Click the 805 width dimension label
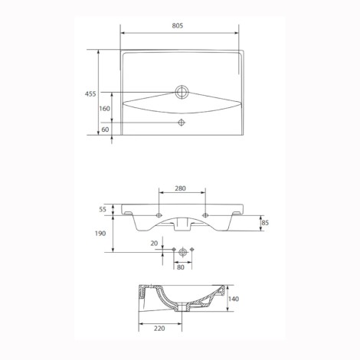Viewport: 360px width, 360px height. point(178,25)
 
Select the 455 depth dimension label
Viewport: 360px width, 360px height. point(90,94)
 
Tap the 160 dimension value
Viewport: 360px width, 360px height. point(104,109)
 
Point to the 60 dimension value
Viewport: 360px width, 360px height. point(105,129)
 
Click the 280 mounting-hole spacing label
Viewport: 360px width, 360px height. point(180,188)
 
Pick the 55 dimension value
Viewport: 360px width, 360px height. point(103,209)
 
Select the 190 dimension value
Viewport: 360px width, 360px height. point(100,234)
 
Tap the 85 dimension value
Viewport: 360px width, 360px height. point(265,223)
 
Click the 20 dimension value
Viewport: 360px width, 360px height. point(154,244)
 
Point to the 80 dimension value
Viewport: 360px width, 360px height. point(181,267)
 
